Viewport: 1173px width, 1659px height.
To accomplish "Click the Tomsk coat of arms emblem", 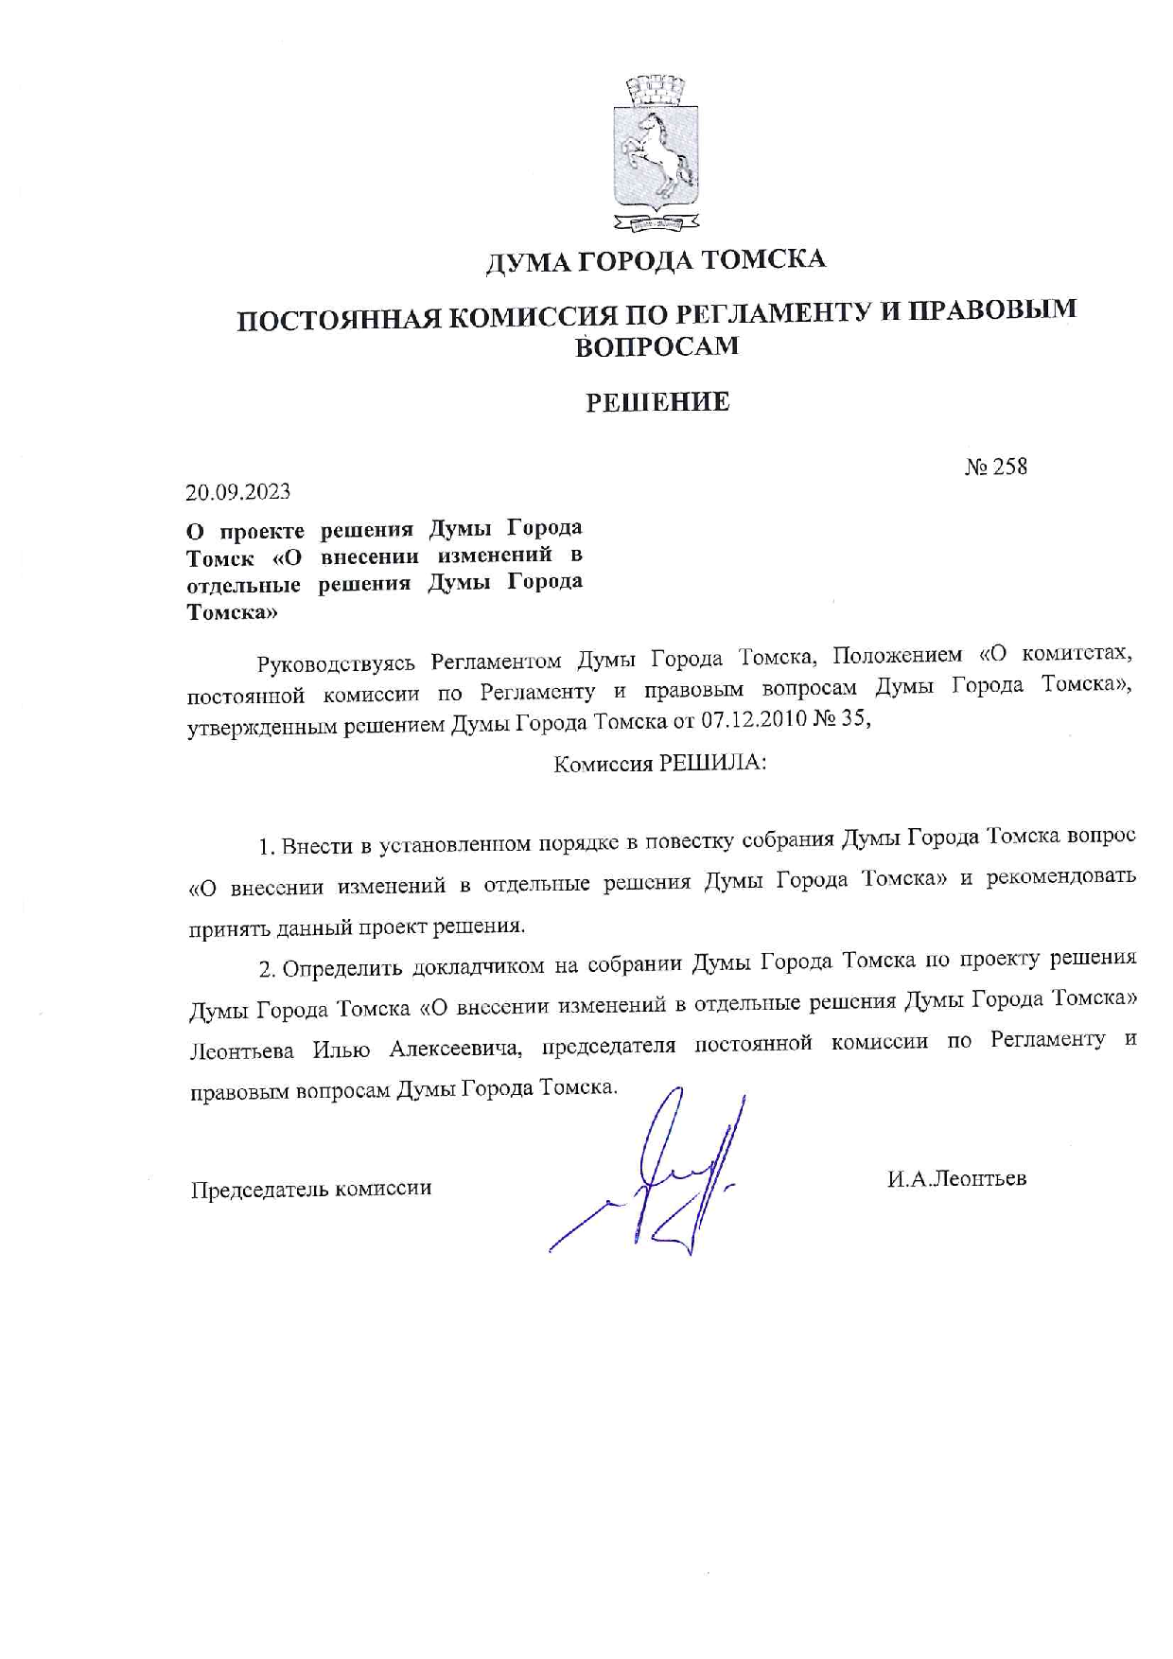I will click(x=657, y=153).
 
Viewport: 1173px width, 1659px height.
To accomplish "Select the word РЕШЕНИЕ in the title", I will click(x=657, y=402).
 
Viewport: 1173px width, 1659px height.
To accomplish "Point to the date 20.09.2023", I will click(x=238, y=492).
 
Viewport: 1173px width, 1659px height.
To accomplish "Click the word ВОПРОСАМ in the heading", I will click(x=657, y=346).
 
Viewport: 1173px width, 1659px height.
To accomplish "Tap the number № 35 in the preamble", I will click(x=842, y=720).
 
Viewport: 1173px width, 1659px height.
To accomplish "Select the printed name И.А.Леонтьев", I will click(x=956, y=1178).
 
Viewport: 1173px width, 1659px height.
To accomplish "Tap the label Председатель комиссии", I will click(x=311, y=1189).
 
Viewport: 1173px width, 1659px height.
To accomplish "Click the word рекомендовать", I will click(x=1060, y=877).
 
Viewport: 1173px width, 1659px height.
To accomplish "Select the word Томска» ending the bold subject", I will click(x=232, y=612).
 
